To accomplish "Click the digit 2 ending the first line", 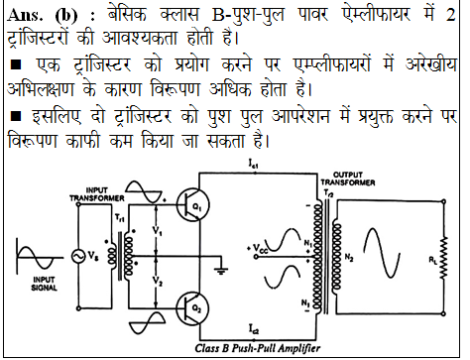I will point(449,14).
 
